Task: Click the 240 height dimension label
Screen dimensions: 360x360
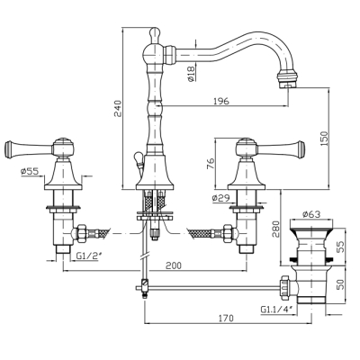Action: (119, 108)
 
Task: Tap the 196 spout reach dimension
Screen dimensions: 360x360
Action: (221, 101)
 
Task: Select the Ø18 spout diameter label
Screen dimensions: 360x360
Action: (191, 74)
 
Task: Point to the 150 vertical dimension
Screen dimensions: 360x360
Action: (324, 139)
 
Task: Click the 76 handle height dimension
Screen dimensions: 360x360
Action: (211, 164)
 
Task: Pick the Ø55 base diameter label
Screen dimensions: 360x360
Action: (30, 171)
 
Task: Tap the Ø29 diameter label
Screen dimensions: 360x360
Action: (220, 198)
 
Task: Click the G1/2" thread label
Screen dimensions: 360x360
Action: (85, 256)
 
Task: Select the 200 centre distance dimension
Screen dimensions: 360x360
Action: (174, 265)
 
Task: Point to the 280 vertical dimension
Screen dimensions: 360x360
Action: (275, 229)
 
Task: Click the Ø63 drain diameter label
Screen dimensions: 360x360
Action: (311, 214)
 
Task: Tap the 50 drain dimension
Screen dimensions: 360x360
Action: (340, 283)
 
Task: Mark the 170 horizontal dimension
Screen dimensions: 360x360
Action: (226, 318)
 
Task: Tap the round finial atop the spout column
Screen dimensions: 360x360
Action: (155, 33)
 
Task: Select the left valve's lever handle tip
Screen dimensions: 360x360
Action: (9, 148)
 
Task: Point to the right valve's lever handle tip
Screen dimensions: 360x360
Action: (301, 148)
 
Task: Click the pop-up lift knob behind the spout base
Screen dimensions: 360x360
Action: (138, 157)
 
